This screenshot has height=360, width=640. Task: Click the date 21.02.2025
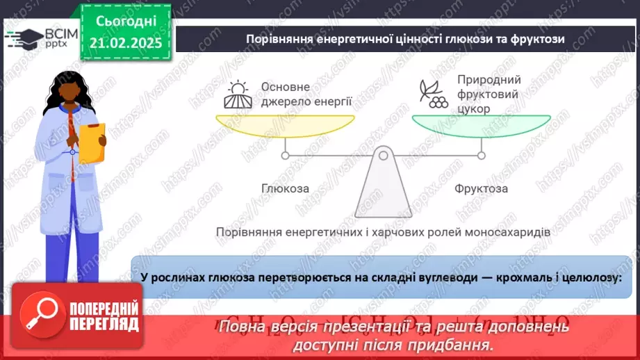pos(125,42)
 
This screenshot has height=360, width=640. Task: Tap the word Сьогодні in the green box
pos(125,22)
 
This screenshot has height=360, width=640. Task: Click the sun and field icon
pos(236,95)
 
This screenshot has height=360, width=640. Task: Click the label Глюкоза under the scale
pos(285,188)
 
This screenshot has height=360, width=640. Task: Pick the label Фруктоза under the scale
pos(481,188)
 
